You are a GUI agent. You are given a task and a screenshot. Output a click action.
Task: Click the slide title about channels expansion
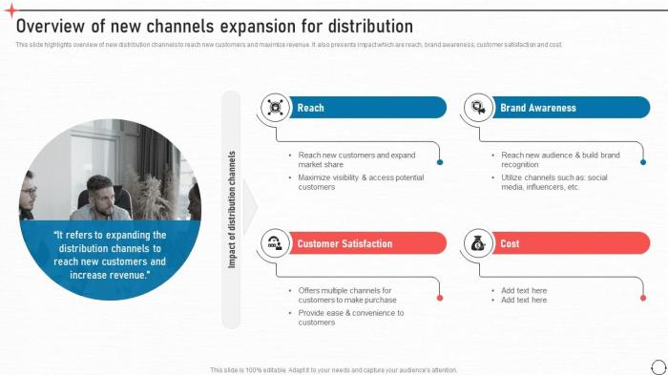[215, 27]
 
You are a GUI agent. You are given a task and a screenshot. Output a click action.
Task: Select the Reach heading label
[310, 108]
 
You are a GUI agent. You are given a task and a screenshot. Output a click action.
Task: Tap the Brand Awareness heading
[538, 108]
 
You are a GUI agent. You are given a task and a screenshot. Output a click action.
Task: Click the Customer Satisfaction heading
[344, 243]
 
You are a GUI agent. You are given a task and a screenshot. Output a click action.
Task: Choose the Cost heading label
[510, 243]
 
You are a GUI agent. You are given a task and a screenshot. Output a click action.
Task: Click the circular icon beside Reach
[276, 108]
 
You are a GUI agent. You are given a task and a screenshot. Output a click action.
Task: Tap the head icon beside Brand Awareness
[478, 108]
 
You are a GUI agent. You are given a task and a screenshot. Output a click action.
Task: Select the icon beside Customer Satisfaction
[276, 243]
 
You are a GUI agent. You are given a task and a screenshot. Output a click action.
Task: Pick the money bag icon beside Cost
[478, 243]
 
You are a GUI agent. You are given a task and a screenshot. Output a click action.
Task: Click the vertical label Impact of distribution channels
[231, 209]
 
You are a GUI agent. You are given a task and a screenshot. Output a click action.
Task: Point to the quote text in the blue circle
[110, 255]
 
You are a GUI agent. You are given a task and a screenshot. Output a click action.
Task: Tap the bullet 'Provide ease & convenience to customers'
[350, 318]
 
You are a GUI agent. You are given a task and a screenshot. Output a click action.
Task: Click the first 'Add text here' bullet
[524, 290]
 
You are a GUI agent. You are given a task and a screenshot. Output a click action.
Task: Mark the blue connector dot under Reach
[440, 163]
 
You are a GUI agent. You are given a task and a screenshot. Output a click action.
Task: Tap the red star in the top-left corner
[10, 9]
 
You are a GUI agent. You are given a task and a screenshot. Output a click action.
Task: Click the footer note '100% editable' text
[333, 369]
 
